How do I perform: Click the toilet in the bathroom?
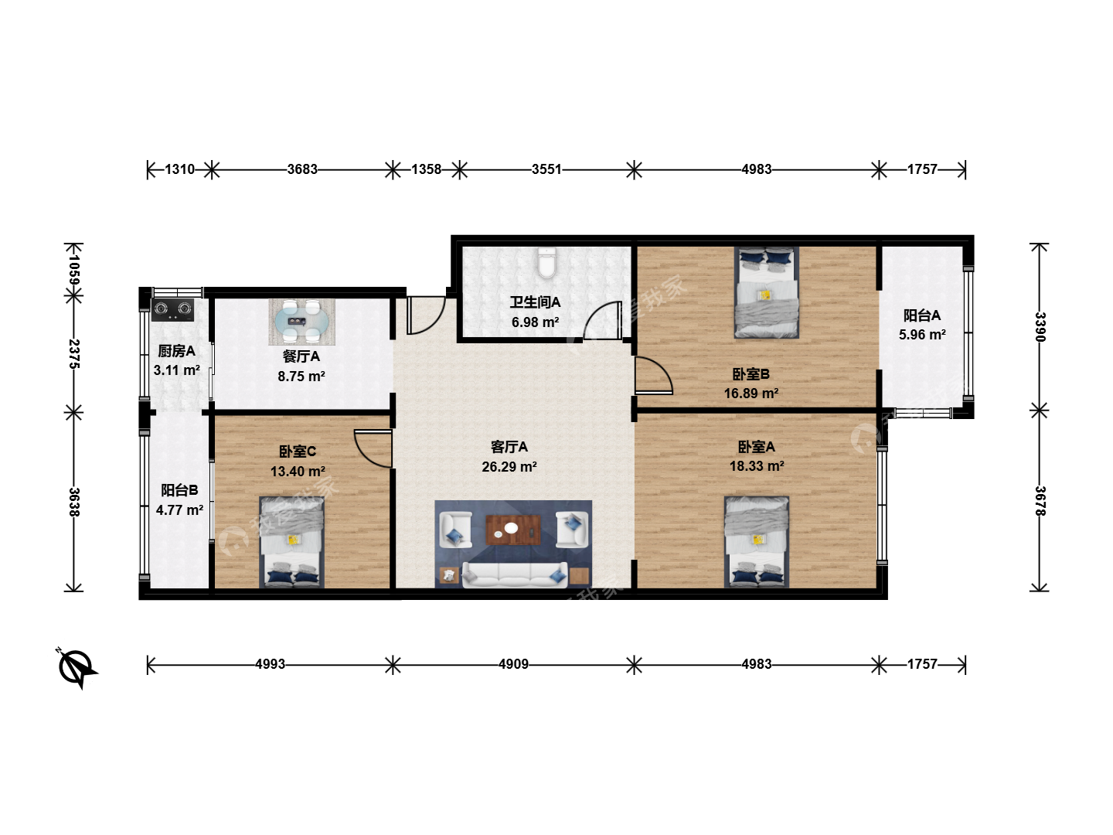tap(546, 263)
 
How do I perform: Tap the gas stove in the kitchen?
tap(172, 309)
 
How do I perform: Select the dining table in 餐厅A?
tap(301, 322)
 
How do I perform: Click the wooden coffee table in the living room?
tap(513, 530)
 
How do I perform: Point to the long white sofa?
tap(515, 574)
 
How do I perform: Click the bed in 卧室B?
tap(766, 292)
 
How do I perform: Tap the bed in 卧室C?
tap(291, 542)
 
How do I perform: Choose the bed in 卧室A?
tap(757, 541)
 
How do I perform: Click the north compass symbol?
tap(77, 667)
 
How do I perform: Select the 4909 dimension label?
tap(513, 664)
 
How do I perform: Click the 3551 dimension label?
tap(546, 169)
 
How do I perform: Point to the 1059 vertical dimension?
tap(74, 269)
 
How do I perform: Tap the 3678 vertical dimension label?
tap(1040, 501)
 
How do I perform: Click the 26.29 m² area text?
tap(509, 466)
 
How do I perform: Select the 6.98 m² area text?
tap(535, 322)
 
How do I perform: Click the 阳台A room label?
tap(922, 315)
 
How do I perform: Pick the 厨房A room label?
tap(176, 351)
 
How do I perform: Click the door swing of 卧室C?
tap(373, 448)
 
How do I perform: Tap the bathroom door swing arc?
tap(602, 320)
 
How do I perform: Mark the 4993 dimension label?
tap(270, 664)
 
